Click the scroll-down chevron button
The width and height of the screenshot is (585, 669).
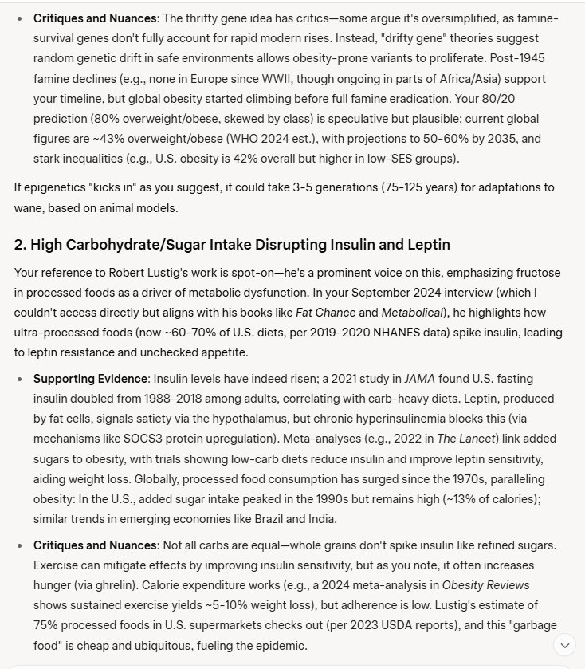(x=564, y=644)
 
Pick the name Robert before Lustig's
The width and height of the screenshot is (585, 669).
(x=143, y=272)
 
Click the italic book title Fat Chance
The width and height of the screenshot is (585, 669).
(x=324, y=312)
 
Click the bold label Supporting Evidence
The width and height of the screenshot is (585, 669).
(x=89, y=377)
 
